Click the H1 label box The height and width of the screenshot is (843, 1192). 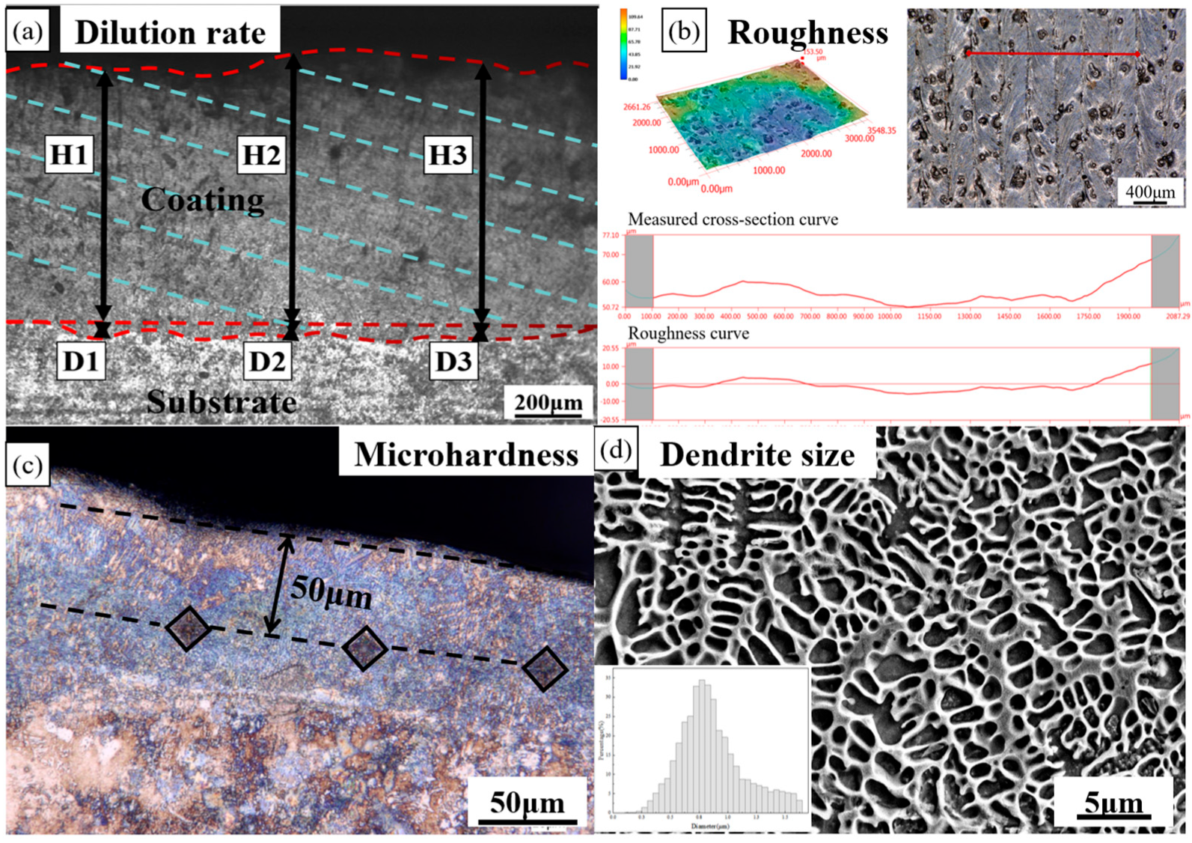69,154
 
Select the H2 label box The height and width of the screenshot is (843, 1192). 261,154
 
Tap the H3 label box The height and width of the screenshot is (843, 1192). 447,155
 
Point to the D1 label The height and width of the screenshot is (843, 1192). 81,362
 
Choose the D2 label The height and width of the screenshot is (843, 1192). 267,362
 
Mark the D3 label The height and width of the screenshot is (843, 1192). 453,362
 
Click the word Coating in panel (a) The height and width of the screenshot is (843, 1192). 203,200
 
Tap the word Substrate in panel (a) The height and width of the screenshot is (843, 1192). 221,402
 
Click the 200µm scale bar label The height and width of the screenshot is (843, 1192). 548,403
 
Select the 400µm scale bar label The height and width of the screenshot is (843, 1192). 1150,192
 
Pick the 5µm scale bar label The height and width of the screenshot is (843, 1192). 1113,803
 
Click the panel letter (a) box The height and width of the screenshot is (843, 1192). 28,32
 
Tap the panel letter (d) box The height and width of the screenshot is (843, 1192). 617,451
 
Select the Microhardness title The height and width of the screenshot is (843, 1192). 466,454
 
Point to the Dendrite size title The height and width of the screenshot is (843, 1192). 757,454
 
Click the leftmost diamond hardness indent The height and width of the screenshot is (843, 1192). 188,628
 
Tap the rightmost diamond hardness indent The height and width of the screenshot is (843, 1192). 545,669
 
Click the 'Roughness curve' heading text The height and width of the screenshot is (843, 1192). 688,334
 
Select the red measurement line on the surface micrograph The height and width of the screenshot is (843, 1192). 1053,54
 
